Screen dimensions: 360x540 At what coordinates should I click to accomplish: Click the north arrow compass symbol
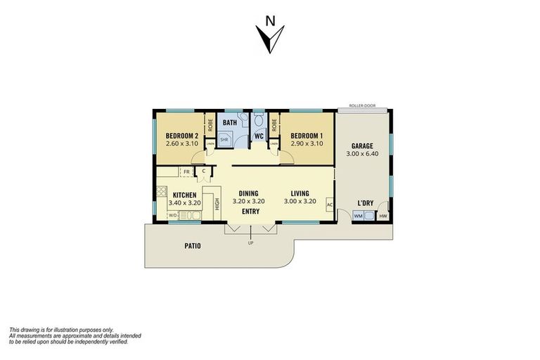pyautogui.click(x=271, y=37)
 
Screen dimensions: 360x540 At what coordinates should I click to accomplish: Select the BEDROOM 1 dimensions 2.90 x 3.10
pyautogui.click(x=307, y=143)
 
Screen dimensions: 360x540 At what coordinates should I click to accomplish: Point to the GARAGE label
pyautogui.click(x=362, y=146)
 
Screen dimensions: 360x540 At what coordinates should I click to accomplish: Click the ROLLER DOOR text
pyautogui.click(x=361, y=106)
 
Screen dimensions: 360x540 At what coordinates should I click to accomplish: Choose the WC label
pyautogui.click(x=258, y=135)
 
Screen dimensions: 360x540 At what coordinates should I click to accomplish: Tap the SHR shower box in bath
pyautogui.click(x=224, y=140)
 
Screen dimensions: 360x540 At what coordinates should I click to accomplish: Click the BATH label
pyautogui.click(x=230, y=122)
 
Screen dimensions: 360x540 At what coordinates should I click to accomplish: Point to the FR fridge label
pyautogui.click(x=186, y=171)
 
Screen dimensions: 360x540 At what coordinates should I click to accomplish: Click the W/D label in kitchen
pyautogui.click(x=173, y=215)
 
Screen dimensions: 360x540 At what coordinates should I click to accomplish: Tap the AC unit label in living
pyautogui.click(x=329, y=205)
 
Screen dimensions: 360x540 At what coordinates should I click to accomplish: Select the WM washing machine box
pyautogui.click(x=359, y=215)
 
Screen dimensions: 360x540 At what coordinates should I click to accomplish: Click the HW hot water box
pyautogui.click(x=382, y=215)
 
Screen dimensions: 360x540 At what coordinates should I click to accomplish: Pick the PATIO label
pyautogui.click(x=193, y=246)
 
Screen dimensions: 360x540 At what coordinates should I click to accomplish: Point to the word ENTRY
pyautogui.click(x=250, y=211)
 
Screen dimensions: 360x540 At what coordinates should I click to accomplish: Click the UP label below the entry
pyautogui.click(x=250, y=243)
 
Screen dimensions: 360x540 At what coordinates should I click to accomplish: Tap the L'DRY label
pyautogui.click(x=366, y=202)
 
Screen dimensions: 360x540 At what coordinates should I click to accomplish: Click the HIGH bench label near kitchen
pyautogui.click(x=218, y=203)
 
